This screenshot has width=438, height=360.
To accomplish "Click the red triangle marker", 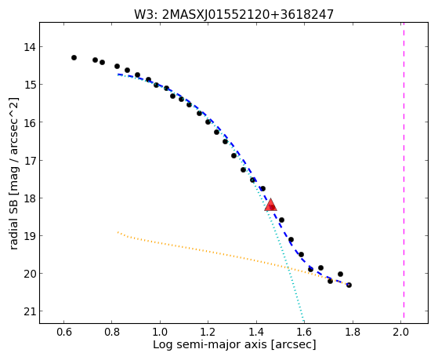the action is tap(270, 205).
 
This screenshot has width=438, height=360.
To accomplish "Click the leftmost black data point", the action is tap(74, 57).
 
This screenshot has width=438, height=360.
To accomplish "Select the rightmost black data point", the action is tap(349, 285).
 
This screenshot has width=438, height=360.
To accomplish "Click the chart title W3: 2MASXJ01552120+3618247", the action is tap(233, 14).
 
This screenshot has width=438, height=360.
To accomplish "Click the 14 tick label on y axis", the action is tap(30, 47).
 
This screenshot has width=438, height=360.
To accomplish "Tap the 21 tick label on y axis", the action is tap(30, 311).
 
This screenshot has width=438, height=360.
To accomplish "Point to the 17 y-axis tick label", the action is tap(30, 161).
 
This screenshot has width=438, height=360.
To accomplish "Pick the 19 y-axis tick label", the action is tap(30, 236).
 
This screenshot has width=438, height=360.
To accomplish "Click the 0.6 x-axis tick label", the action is tap(64, 332).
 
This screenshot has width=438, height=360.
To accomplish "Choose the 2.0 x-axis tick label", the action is tap(400, 332).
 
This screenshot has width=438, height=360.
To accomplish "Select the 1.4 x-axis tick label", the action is tap(256, 332).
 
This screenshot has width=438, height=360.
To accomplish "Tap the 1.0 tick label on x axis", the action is tap(160, 332).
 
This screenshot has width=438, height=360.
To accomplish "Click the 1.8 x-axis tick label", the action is tap(353, 332).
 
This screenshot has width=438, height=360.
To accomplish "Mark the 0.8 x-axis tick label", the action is tap(112, 332).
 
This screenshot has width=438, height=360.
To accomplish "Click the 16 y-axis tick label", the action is tap(30, 122).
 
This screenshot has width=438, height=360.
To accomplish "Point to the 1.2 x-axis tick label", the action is tap(208, 332).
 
